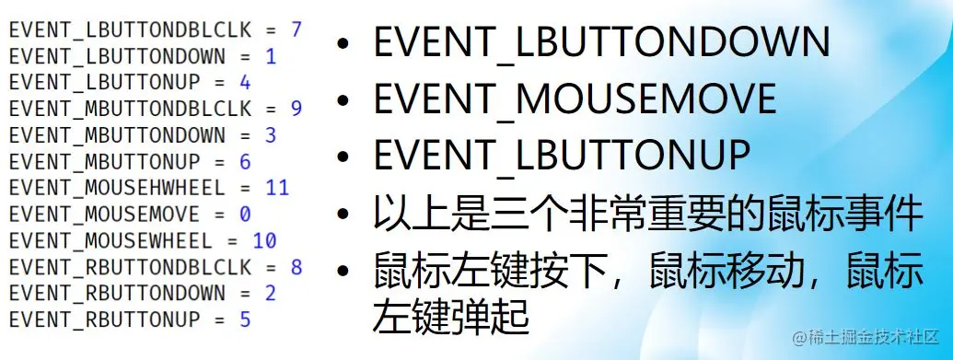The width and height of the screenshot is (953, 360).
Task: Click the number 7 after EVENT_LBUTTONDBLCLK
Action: click(296, 29)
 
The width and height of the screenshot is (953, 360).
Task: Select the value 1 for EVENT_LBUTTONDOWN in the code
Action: click(270, 56)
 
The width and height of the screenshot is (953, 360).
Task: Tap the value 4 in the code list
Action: click(245, 83)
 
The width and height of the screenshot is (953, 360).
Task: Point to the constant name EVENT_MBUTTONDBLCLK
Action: click(130, 109)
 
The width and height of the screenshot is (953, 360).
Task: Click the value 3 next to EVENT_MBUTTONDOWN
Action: click(270, 135)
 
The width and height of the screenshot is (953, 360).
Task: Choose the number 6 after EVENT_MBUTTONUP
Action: click(245, 162)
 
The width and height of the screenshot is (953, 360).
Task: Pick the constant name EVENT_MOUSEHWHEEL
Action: click(117, 189)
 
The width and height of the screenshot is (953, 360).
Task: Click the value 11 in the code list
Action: click(276, 189)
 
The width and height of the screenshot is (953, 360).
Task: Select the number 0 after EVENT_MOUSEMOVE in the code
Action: click(245, 215)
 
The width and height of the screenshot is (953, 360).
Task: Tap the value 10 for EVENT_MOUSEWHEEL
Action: click(264, 241)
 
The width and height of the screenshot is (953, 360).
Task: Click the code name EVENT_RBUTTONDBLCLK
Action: click(130, 268)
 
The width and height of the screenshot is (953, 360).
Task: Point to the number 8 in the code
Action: click(296, 268)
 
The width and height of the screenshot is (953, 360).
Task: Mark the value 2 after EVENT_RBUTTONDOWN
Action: click(270, 295)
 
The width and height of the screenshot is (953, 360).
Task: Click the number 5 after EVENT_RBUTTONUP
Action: click(245, 321)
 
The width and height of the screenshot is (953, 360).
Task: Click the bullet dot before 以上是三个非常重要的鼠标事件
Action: click(344, 217)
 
